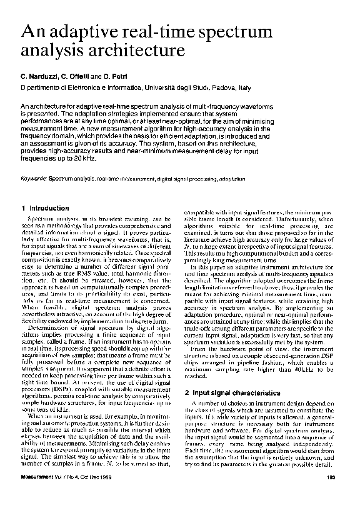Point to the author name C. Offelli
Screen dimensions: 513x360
pos(81,76)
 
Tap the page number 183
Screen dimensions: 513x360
pos(332,496)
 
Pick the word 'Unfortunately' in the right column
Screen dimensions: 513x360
pos(280,228)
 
